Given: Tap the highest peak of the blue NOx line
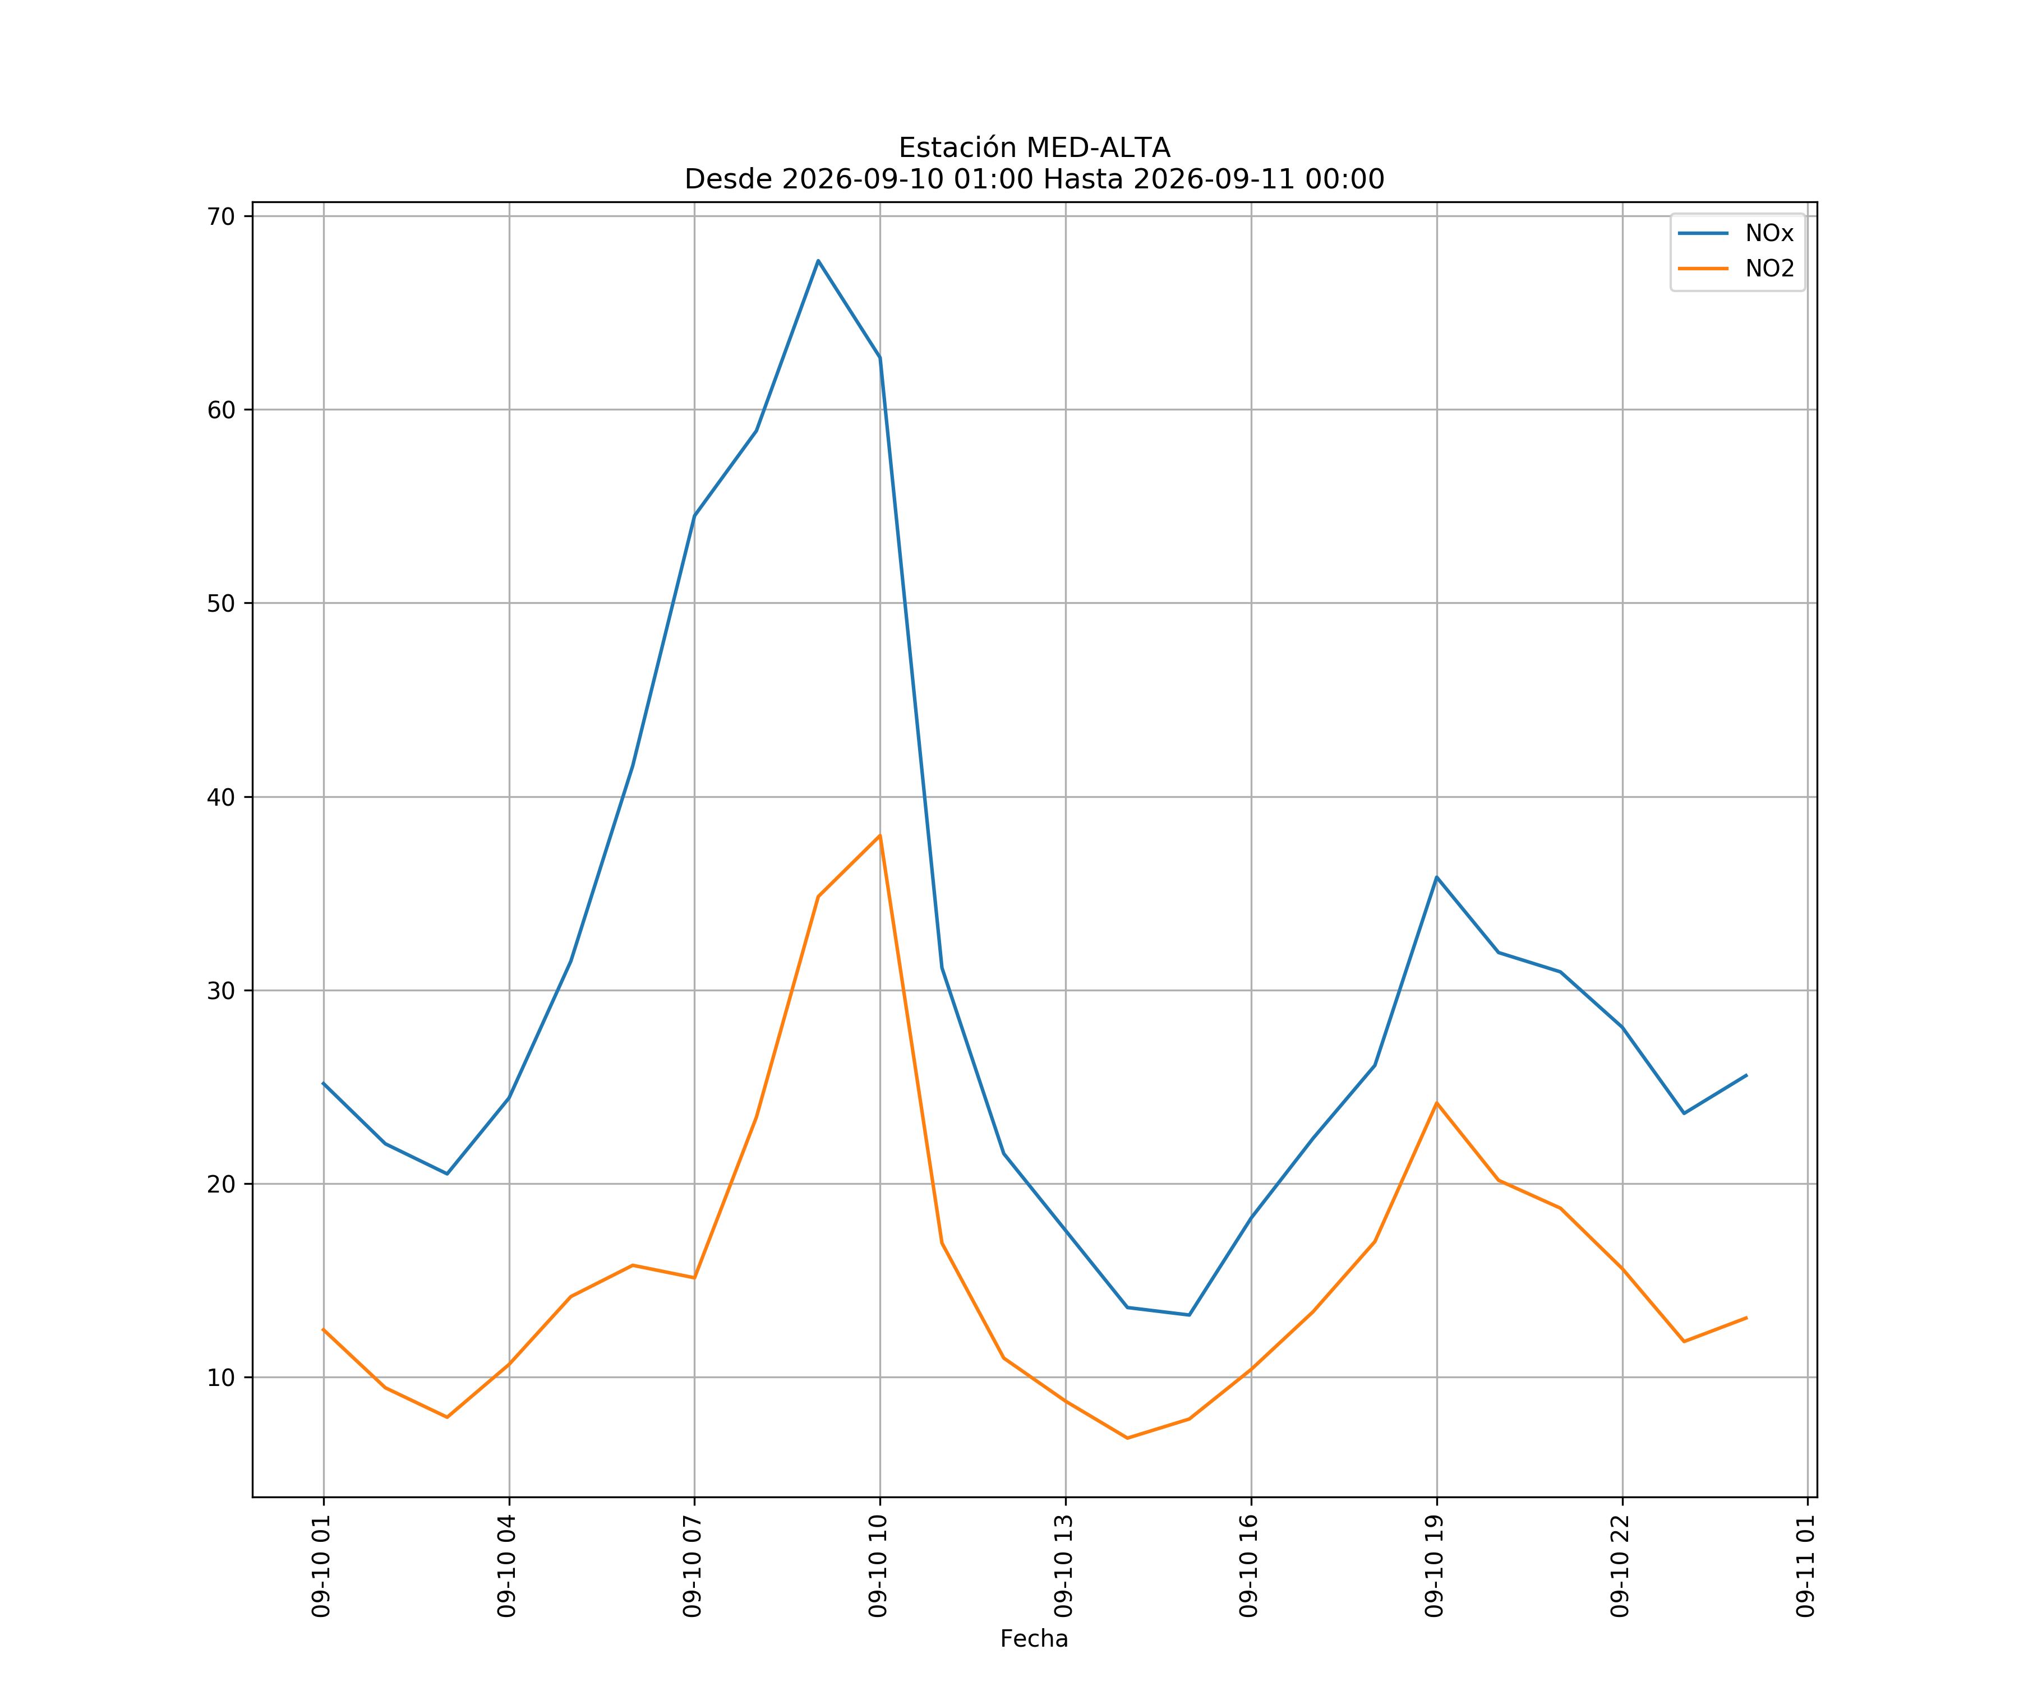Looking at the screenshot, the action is (x=818, y=261).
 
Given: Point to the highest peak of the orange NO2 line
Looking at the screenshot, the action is (x=880, y=835).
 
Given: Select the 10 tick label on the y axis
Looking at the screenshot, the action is (x=221, y=1378).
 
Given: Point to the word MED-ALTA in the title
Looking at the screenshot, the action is (x=1099, y=148).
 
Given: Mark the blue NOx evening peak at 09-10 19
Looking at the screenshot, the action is (x=1436, y=876).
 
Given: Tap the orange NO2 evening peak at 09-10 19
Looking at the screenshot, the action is (x=1436, y=1102).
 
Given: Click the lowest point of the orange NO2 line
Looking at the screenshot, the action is (x=1127, y=1438).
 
